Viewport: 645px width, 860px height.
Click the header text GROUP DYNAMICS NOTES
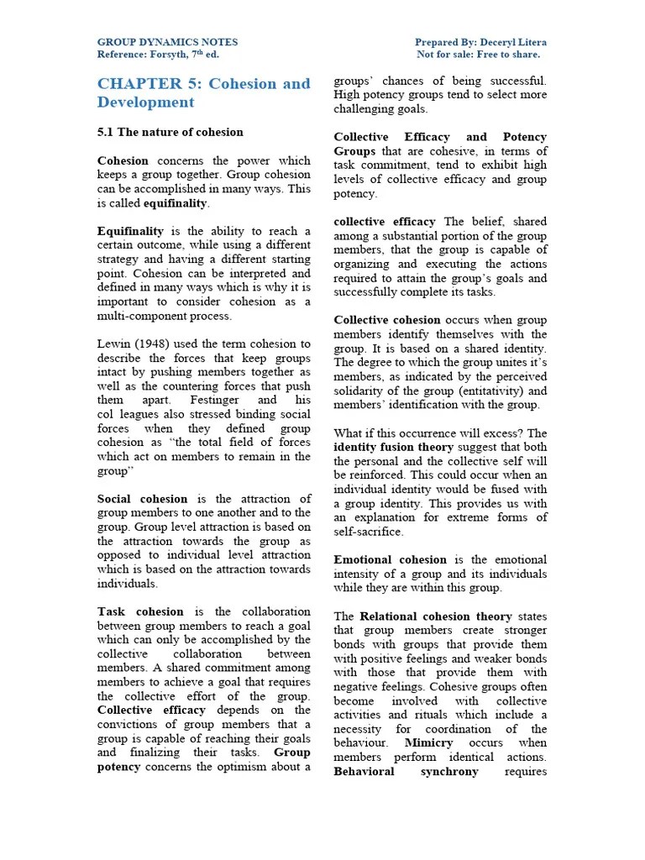coord(167,42)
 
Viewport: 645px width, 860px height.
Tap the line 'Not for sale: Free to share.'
coord(479,55)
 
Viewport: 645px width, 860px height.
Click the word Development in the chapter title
coord(145,102)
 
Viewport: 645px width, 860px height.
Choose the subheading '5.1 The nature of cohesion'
coord(170,132)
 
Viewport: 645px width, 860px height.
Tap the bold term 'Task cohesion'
coord(136,611)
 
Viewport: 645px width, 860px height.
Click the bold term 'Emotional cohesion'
coord(391,559)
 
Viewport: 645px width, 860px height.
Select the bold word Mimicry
coord(428,743)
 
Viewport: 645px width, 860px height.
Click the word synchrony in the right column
coord(449,771)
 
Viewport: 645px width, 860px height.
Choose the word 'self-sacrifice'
coord(369,532)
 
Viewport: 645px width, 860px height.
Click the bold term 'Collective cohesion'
coord(387,320)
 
